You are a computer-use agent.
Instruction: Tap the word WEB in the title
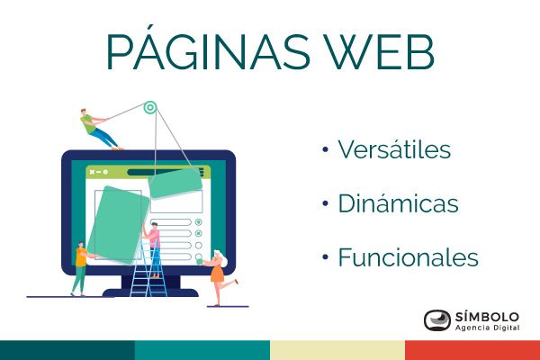pos(380,52)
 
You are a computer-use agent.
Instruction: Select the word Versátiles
pos(394,149)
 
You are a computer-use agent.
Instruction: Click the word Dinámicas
pos(398,202)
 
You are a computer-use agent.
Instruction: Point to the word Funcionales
pos(409,257)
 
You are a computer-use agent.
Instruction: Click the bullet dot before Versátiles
pos(325,149)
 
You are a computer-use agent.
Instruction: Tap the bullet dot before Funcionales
pos(325,257)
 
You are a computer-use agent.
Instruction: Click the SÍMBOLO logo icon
pos(437,320)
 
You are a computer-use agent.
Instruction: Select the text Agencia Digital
pos(487,328)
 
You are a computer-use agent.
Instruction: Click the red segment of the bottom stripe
pos(472,350)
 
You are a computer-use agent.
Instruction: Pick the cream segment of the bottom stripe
pos(337,350)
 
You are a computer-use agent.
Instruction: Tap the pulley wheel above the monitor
pos(150,107)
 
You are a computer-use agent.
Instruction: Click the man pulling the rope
pos(99,130)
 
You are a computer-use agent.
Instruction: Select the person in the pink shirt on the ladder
pos(154,248)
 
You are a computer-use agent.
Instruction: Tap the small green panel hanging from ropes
pos(175,184)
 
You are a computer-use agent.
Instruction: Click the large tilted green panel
pos(118,225)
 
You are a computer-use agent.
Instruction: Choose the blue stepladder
pos(148,269)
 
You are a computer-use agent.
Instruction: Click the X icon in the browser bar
pos(92,172)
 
